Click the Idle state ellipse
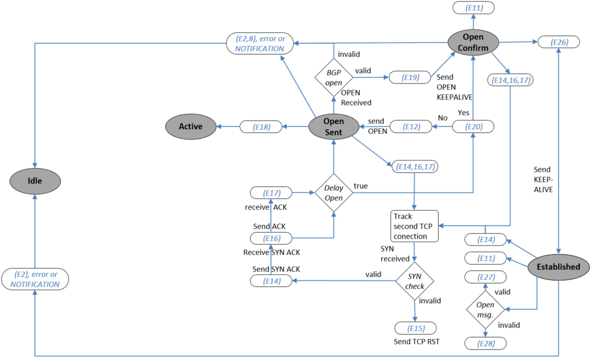pos(35,181)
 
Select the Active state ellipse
pos(190,126)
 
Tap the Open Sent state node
pos(333,126)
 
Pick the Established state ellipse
pos(558,267)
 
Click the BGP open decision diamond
pos(333,77)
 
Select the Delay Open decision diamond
pos(333,193)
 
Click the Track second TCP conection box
pos(414,226)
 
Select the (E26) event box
pos(559,42)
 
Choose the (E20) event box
pos(473,126)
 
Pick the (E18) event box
pos(262,126)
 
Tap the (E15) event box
pos(415,328)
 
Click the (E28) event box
pos(485,343)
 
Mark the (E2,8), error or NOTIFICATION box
pos(260,44)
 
